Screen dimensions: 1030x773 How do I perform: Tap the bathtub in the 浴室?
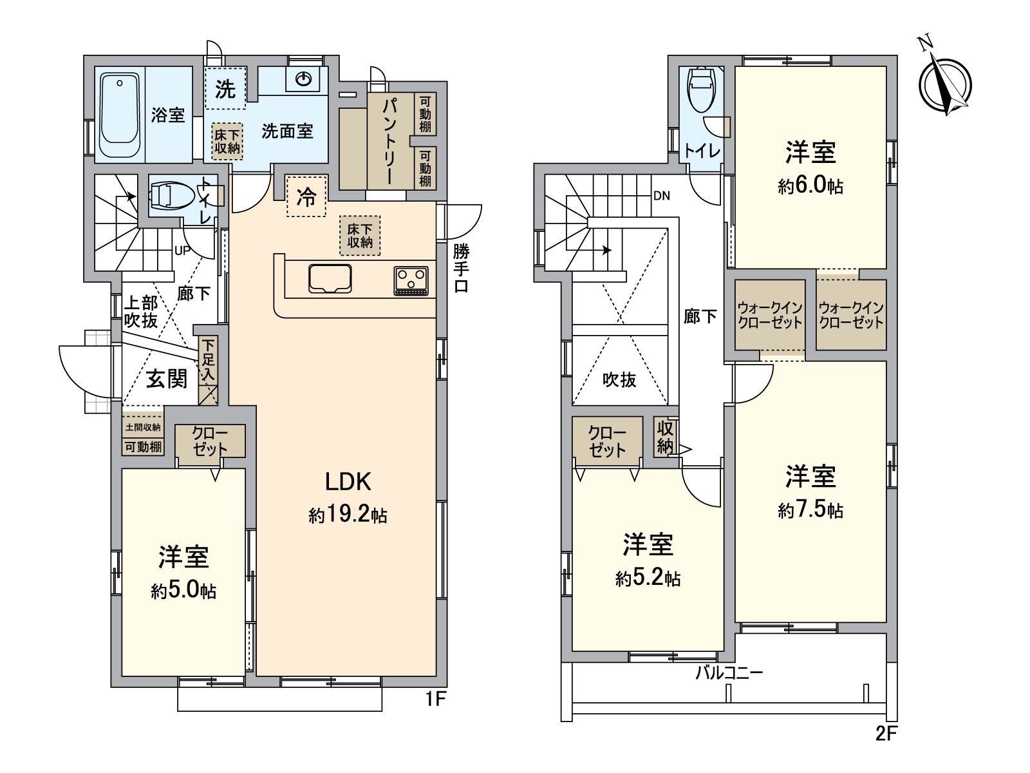[120, 115]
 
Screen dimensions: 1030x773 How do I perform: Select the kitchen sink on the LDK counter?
[330, 279]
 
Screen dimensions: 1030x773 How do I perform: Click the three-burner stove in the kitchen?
[411, 281]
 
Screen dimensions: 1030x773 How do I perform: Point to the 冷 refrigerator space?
[306, 196]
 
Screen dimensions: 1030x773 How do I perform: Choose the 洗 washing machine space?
[225, 88]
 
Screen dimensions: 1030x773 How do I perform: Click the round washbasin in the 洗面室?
[304, 79]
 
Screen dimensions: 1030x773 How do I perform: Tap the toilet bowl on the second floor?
[701, 89]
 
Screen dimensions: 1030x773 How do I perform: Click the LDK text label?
[348, 482]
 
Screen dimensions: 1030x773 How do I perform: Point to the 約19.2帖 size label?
[348, 515]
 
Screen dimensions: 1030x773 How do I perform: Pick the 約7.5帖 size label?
[810, 510]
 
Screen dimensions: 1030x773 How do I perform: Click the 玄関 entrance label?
[167, 378]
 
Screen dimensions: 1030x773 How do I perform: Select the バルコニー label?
[729, 673]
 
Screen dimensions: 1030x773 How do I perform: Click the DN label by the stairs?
[662, 196]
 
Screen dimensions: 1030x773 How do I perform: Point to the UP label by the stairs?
[182, 251]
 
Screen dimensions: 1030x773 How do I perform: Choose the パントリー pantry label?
[390, 142]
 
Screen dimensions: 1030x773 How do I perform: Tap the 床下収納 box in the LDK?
[360, 236]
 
